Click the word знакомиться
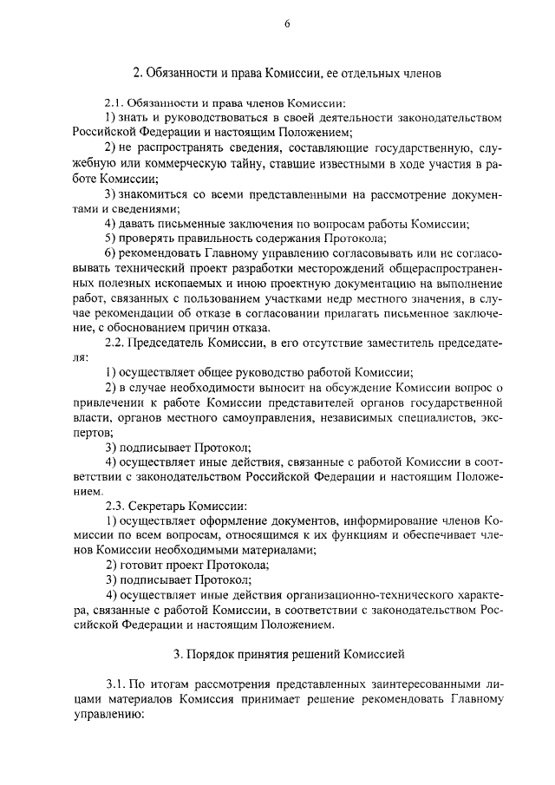tap(153, 193)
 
